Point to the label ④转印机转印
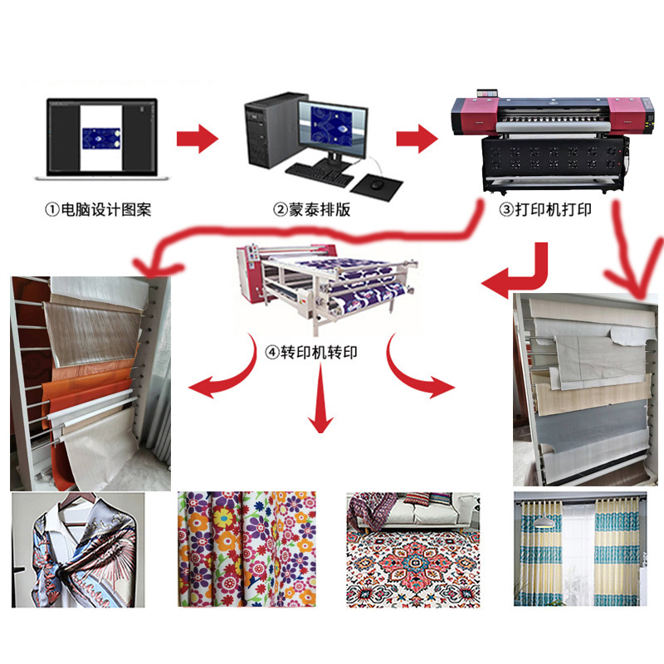point(311,352)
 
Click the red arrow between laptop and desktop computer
point(197,138)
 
